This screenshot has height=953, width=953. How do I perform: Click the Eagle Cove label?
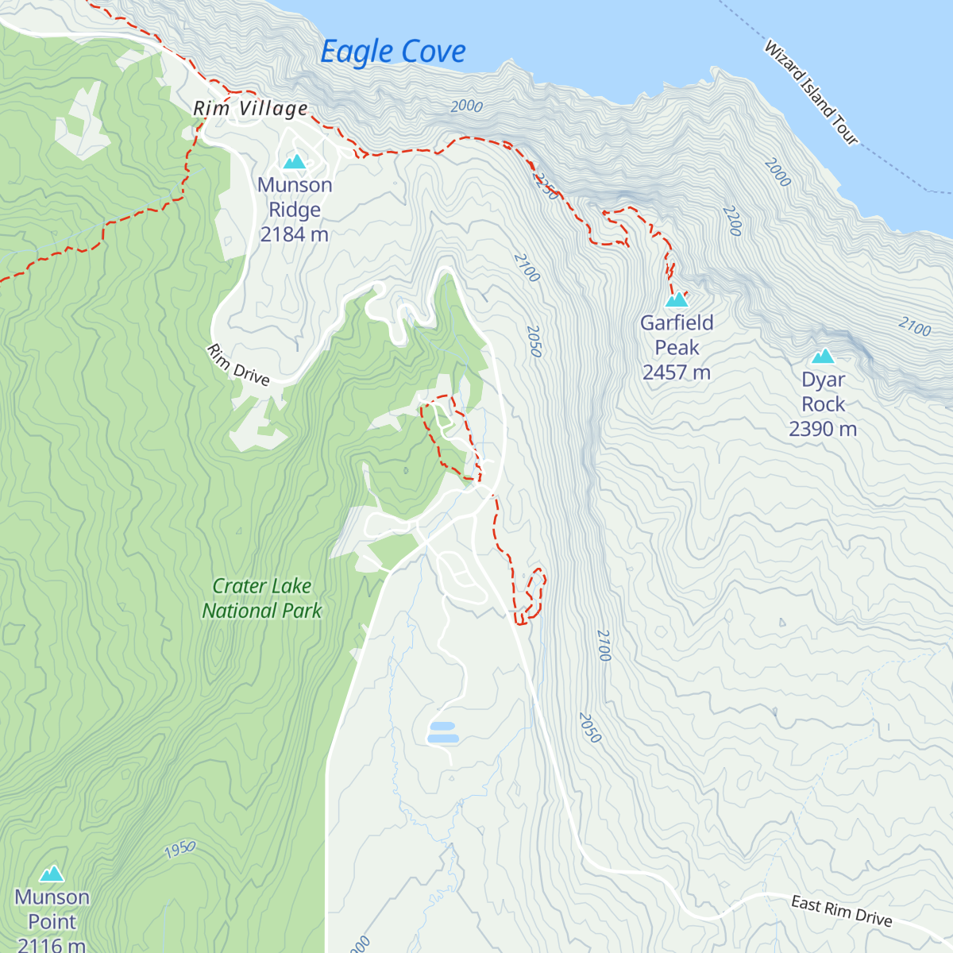pyautogui.click(x=392, y=52)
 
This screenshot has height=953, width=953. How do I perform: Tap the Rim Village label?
pyautogui.click(x=251, y=109)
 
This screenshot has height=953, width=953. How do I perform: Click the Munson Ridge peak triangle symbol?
pyautogui.click(x=295, y=162)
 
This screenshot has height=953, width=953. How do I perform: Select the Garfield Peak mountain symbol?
pyautogui.click(x=677, y=299)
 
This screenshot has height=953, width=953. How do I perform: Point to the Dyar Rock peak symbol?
pyautogui.click(x=823, y=356)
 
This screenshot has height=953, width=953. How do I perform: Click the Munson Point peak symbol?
pyautogui.click(x=52, y=874)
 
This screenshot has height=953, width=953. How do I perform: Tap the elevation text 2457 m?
pyautogui.click(x=677, y=372)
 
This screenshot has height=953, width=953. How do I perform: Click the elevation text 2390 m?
pyautogui.click(x=823, y=429)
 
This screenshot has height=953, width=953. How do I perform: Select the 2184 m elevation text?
pyautogui.click(x=295, y=234)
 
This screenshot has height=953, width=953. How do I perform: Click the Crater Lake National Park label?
pyautogui.click(x=262, y=598)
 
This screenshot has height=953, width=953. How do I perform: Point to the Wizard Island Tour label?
pyautogui.click(x=811, y=93)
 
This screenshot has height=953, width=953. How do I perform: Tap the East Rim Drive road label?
pyautogui.click(x=842, y=911)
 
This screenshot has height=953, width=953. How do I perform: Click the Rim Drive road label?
pyautogui.click(x=238, y=365)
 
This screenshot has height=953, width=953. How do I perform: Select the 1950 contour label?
pyautogui.click(x=180, y=849)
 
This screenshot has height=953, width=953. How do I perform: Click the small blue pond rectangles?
pyautogui.click(x=443, y=732)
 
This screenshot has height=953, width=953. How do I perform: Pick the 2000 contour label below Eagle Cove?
pyautogui.click(x=466, y=106)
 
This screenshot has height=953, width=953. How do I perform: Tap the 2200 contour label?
pyautogui.click(x=732, y=221)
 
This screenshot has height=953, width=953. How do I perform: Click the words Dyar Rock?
pyautogui.click(x=823, y=392)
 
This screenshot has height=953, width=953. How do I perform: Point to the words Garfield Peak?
pyautogui.click(x=677, y=335)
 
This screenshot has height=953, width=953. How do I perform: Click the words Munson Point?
pyautogui.click(x=52, y=909)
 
